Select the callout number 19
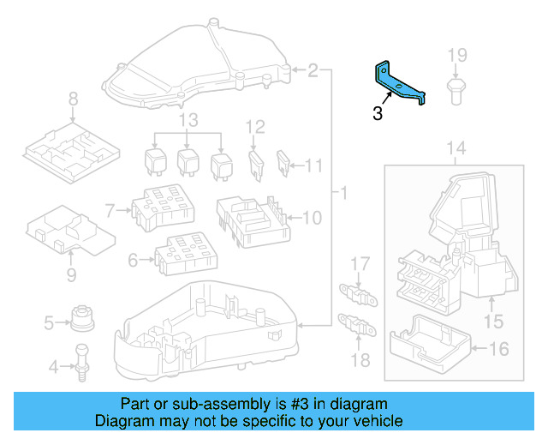(457, 56)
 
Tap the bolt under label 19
(456, 89)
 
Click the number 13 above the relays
(188, 118)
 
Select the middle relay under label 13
(188, 160)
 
